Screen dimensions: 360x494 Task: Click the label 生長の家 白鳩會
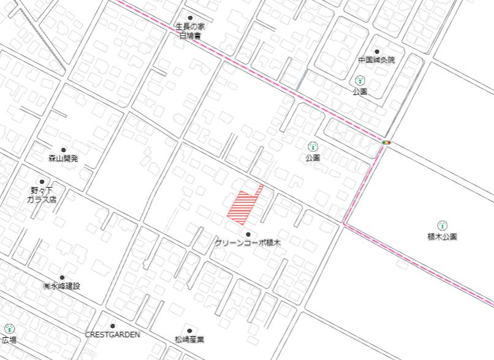[189, 31]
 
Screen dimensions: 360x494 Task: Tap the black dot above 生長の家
[190, 18]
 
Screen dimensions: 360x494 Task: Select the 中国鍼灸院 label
[377, 60]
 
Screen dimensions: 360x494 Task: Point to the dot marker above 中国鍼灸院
[377, 52]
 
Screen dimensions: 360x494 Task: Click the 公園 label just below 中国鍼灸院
[360, 91]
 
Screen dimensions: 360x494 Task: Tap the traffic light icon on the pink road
[386, 142]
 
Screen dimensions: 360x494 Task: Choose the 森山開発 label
[64, 158]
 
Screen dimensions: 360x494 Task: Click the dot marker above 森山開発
[63, 150]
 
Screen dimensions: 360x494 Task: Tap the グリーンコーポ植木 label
[248, 243]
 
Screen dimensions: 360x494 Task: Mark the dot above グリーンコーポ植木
[248, 234]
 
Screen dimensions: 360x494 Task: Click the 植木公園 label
[443, 236]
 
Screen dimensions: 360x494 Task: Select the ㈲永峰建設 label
[61, 286]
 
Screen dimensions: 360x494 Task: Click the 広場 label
[9, 339]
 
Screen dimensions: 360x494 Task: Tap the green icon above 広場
[9, 329]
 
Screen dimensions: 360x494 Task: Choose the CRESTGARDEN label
[113, 335]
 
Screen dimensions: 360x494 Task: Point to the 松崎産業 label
[189, 339]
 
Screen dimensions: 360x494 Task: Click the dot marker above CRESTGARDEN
[113, 326]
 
